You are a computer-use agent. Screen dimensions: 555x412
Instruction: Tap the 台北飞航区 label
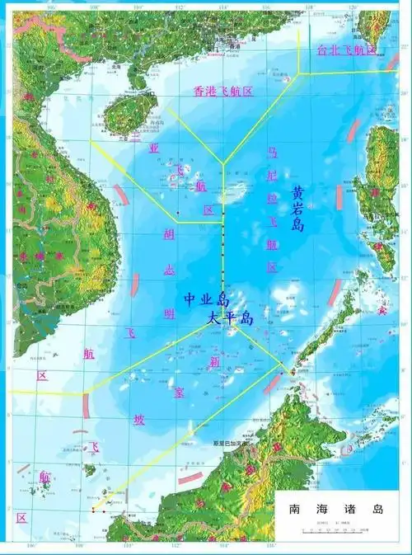347,50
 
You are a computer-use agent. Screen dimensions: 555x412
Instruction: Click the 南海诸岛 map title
335,510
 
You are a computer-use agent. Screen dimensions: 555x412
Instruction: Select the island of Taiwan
377,29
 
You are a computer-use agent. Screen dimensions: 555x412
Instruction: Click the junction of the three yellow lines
222,162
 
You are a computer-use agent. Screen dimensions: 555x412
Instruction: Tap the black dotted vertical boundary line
222,247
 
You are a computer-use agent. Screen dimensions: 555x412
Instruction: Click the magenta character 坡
139,419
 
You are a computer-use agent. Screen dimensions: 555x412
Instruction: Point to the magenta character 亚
153,148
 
